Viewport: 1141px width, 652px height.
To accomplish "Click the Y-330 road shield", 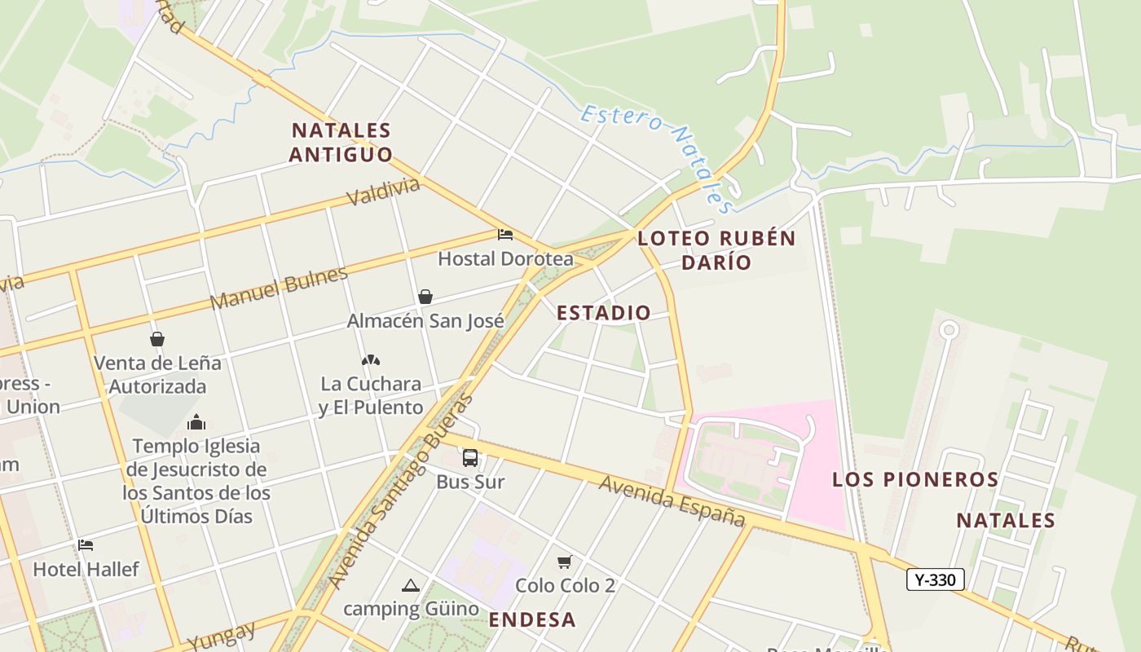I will [936, 579].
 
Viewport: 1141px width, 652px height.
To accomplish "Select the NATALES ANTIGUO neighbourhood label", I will [341, 142].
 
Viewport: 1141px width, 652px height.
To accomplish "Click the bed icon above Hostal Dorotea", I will [505, 235].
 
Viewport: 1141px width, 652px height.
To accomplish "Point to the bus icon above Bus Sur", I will [470, 457].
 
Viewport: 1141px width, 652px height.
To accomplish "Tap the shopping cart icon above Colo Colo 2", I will [564, 562].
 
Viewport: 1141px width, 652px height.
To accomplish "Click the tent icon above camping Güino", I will [411, 585].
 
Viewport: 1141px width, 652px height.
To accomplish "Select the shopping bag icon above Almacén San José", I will [425, 297].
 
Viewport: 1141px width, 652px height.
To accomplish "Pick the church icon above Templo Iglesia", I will [196, 422].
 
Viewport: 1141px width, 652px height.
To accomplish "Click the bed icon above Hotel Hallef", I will [86, 544].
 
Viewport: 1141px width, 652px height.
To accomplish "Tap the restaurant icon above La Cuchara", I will [371, 359].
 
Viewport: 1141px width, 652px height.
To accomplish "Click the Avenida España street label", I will [672, 500].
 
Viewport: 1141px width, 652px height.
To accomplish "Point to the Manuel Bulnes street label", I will [279, 288].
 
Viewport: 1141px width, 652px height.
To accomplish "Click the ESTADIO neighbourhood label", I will [604, 312].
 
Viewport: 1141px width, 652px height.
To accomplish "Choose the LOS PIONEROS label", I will [915, 479].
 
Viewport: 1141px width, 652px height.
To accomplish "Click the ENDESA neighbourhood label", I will [532, 619].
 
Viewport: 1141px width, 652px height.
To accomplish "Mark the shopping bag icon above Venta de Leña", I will [157, 339].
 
